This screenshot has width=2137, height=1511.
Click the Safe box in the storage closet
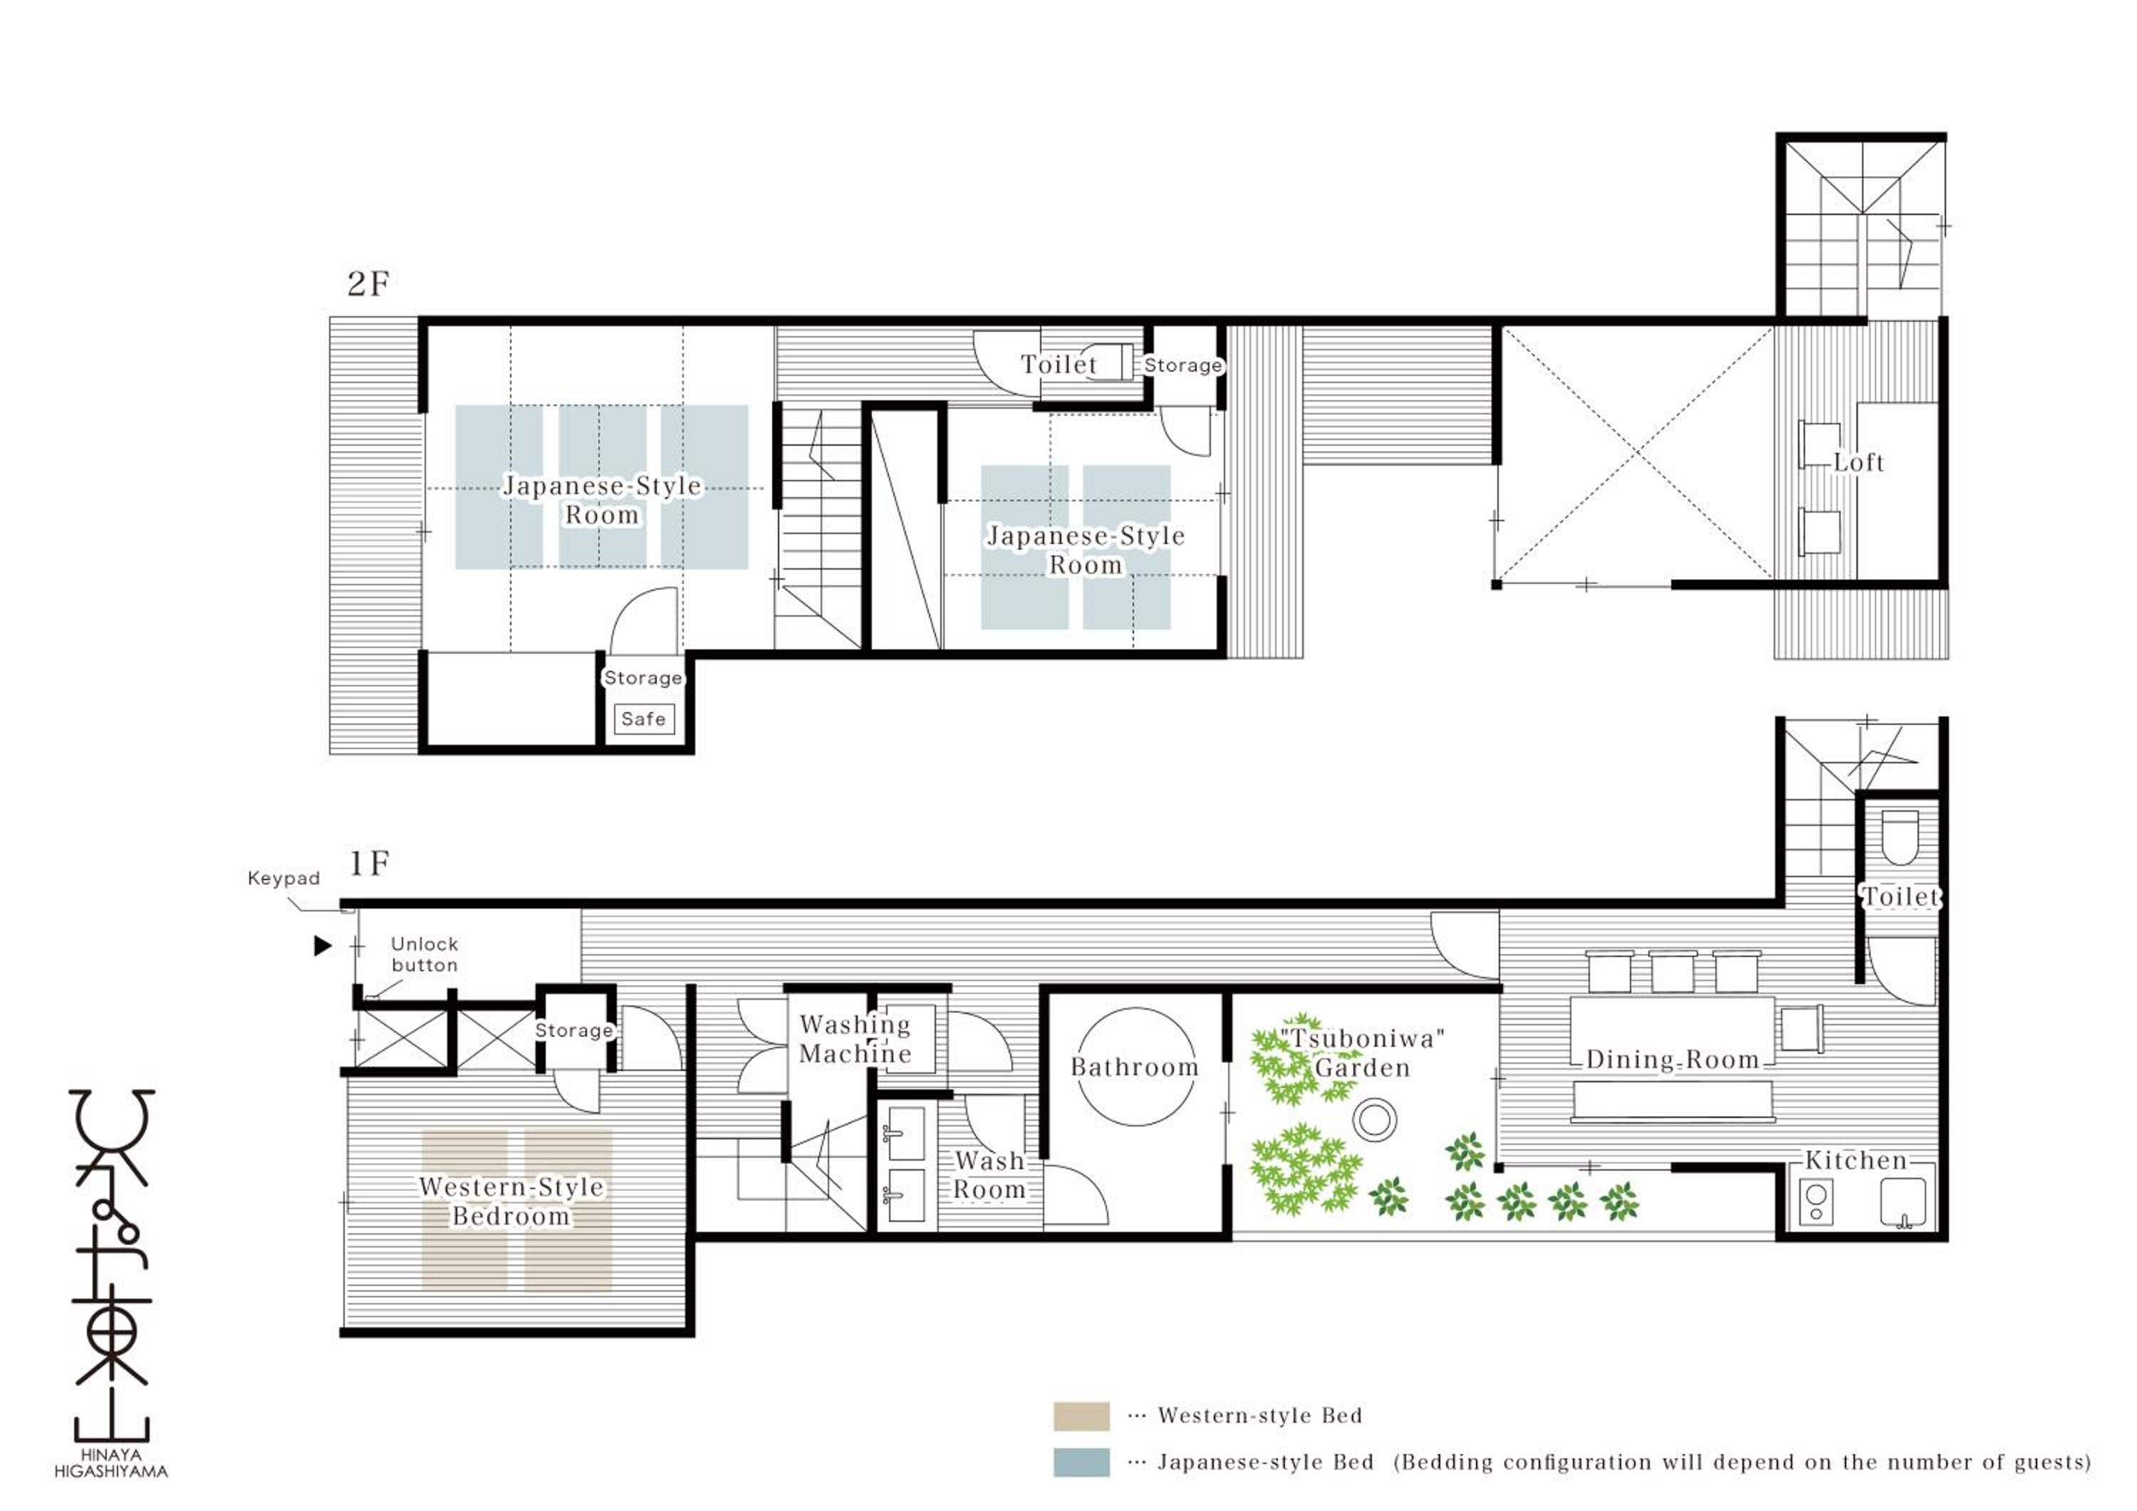click(x=643, y=719)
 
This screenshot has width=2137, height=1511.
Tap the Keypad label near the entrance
click(x=284, y=878)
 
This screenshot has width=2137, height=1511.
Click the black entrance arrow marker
click(x=323, y=946)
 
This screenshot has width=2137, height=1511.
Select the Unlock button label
click(x=425, y=955)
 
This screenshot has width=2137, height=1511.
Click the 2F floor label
click(x=368, y=284)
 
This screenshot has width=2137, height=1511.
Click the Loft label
click(x=1858, y=462)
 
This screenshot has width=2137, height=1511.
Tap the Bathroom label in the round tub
click(x=1135, y=1067)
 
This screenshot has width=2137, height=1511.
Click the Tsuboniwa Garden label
click(x=1362, y=1053)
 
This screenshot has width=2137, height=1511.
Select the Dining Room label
click(x=1673, y=1060)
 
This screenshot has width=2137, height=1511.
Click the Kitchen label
click(x=1856, y=1160)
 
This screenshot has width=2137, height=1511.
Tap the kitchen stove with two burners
click(x=1816, y=1202)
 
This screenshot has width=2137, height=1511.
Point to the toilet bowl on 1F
click(x=1900, y=837)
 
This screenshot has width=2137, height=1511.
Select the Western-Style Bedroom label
click(x=511, y=1201)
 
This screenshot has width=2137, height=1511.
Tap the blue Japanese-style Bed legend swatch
click(x=1081, y=1463)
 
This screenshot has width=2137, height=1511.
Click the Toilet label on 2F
click(x=1059, y=365)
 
